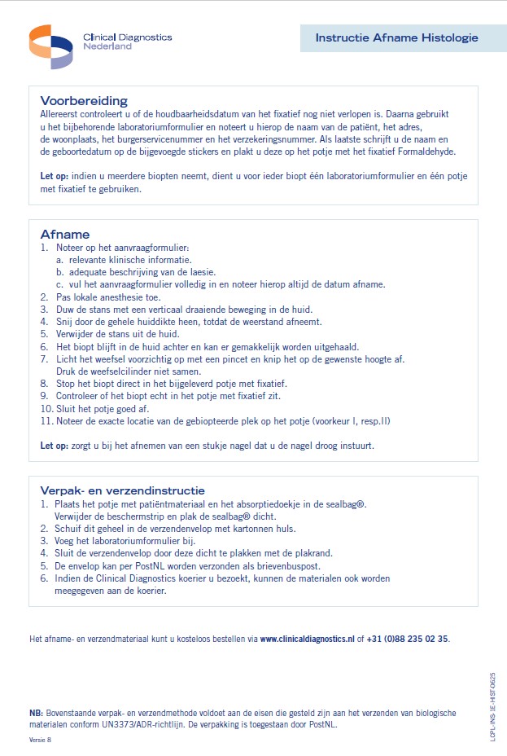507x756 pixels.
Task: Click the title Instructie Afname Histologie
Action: pos(396,37)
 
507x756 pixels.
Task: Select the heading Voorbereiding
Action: pos(84,101)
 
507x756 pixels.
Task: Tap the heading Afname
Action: pos(65,234)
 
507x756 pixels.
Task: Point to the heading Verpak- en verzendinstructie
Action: pos(122,490)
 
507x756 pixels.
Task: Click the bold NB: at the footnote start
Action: pos(36,713)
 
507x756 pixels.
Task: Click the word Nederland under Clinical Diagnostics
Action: pos(107,46)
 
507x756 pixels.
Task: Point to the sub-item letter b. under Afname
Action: pos(60,271)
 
